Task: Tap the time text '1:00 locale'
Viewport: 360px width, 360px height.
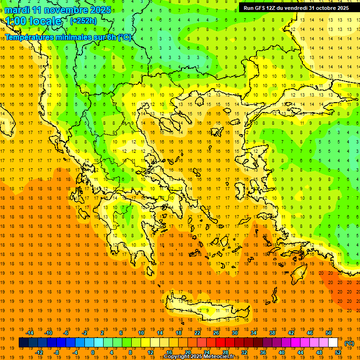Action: click(33, 21)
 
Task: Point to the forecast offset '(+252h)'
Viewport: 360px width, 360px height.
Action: click(83, 21)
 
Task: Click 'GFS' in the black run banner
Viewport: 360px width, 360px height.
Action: click(261, 8)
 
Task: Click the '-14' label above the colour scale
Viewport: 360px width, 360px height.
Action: click(30, 332)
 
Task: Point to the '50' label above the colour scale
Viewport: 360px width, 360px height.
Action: click(329, 332)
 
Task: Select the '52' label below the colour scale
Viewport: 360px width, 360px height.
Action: click(338, 352)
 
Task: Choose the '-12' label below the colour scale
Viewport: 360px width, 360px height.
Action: click(39, 352)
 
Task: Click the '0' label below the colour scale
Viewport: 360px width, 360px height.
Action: click(93, 352)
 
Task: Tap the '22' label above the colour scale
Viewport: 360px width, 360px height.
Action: click(197, 332)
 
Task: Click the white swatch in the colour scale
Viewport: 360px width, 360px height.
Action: click(333, 343)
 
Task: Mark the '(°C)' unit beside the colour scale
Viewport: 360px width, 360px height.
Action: click(349, 343)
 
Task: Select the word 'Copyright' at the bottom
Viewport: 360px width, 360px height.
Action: click(177, 357)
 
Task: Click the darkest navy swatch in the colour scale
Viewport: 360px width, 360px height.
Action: click(23, 343)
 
